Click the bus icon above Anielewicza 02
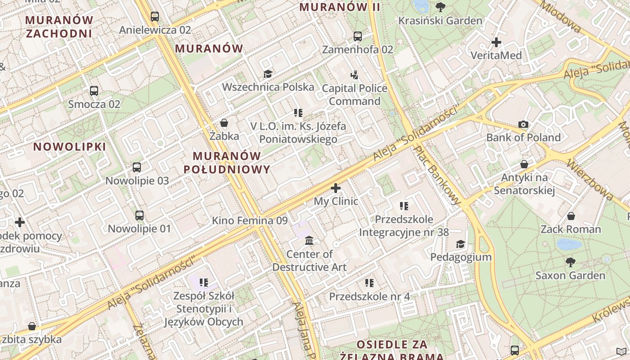[x=155, y=17]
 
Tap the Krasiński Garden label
[x=440, y=21]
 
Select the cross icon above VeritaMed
[x=496, y=42]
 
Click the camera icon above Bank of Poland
[x=523, y=125]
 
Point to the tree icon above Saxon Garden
[x=570, y=262]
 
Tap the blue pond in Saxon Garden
[x=569, y=244]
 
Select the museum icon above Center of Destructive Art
[x=309, y=241]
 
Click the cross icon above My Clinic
[x=336, y=188]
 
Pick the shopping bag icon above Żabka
[x=224, y=123]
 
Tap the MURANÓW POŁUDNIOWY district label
[x=227, y=162]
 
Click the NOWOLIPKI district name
[x=70, y=147]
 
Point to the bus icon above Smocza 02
[x=94, y=91]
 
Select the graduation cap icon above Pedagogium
[x=460, y=244]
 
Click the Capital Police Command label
[x=354, y=94]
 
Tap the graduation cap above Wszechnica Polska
[x=268, y=74]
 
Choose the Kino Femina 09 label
[x=250, y=220]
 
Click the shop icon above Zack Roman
[x=571, y=216]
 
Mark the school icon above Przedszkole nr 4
[x=369, y=283]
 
